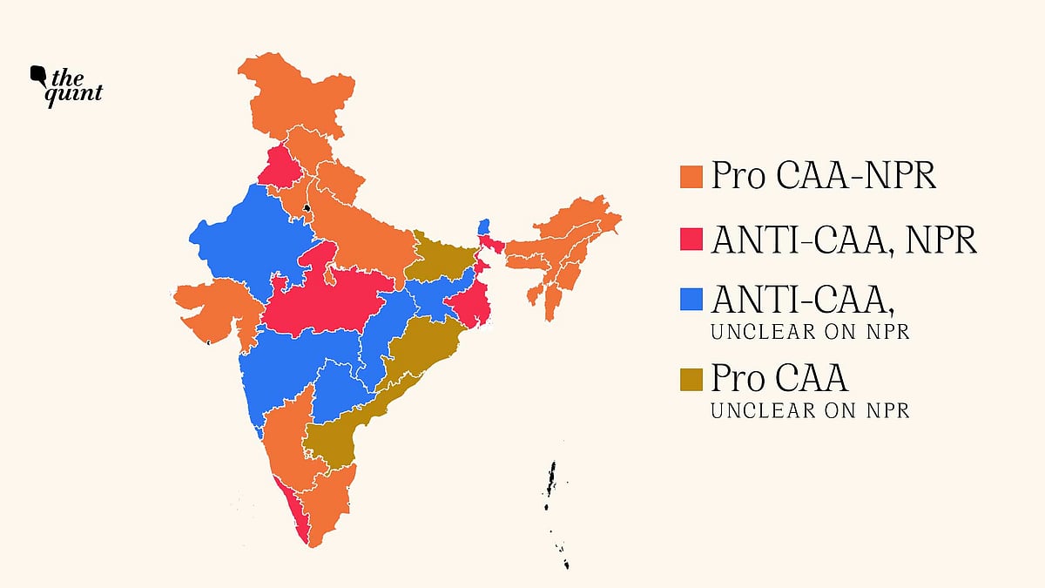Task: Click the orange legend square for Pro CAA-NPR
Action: tap(691, 177)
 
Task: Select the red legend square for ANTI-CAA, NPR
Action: tap(691, 240)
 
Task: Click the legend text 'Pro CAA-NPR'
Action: tap(823, 177)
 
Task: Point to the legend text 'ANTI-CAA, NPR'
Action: tap(843, 240)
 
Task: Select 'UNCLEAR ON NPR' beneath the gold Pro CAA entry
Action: tap(810, 410)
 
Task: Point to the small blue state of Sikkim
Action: tap(484, 226)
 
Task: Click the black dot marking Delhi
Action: tap(307, 207)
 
